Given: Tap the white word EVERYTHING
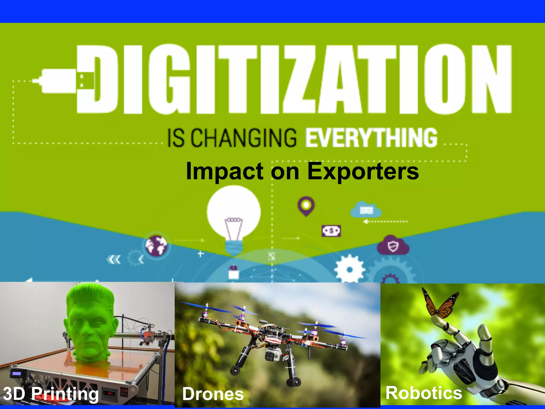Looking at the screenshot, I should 371,138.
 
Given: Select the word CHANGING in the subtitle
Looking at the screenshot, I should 243,138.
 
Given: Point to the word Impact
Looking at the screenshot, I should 225,172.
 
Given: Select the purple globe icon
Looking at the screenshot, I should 156,245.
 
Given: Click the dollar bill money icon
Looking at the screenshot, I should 331,231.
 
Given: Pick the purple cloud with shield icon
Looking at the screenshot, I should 393,246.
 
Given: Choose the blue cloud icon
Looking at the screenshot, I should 366,210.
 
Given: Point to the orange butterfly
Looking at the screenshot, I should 440,304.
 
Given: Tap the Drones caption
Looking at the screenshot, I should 213,394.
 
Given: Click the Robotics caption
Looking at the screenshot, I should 424,393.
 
